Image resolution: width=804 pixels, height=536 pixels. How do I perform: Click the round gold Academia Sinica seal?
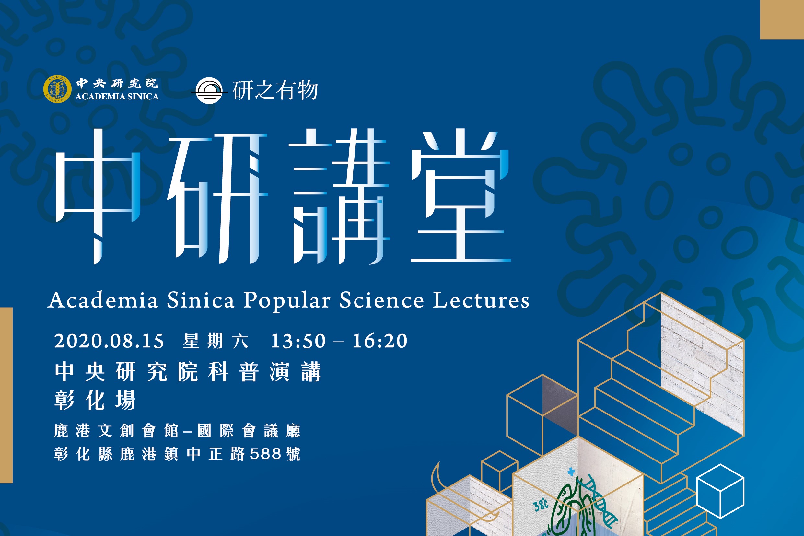point(57,89)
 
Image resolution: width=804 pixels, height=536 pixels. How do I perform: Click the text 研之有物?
point(275,90)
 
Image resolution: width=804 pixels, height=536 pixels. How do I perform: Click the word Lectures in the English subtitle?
point(481,300)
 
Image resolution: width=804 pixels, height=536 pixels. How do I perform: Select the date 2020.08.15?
point(109,341)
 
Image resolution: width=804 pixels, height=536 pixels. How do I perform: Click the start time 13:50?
point(298,341)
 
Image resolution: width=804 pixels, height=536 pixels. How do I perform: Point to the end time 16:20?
point(380,341)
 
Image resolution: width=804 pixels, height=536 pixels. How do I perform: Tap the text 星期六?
point(216,341)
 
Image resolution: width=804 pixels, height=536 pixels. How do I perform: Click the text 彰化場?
point(95,400)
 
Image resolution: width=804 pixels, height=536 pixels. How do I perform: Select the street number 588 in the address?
point(265,454)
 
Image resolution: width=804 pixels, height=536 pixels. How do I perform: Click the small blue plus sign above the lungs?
point(571,472)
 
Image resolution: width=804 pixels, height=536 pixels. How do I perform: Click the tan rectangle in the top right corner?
point(782,19)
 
